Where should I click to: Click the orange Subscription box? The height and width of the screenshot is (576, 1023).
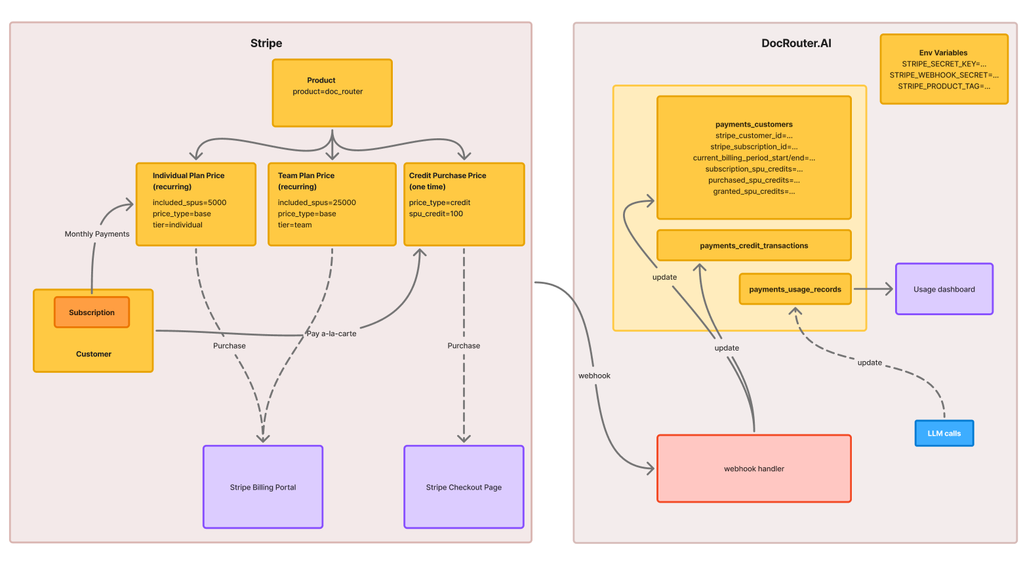92,313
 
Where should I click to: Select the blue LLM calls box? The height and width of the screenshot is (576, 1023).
944,433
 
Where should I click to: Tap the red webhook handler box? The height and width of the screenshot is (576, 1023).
753,469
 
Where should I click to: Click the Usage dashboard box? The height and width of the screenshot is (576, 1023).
944,289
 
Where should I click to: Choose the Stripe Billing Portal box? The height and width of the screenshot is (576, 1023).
262,487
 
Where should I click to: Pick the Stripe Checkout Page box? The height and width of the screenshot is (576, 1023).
464,487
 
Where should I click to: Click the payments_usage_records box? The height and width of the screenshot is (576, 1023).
795,289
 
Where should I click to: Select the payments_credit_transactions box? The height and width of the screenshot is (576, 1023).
753,246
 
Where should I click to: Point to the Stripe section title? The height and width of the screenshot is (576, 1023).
266,43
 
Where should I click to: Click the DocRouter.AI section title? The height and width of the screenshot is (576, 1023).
796,43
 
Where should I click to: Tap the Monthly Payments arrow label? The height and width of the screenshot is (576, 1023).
97,234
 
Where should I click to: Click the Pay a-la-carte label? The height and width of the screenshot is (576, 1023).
331,334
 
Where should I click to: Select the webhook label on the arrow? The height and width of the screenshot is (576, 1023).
594,375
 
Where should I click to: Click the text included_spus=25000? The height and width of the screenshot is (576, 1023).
317,202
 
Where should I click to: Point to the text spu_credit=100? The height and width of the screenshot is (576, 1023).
436,214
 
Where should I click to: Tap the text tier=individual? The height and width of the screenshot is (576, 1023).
178,225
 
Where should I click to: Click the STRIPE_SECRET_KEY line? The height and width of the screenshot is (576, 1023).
944,64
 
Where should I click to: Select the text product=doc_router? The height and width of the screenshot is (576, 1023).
328,92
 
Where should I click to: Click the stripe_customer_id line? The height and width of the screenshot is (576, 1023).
753,136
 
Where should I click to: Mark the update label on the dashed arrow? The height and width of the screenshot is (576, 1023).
870,362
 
